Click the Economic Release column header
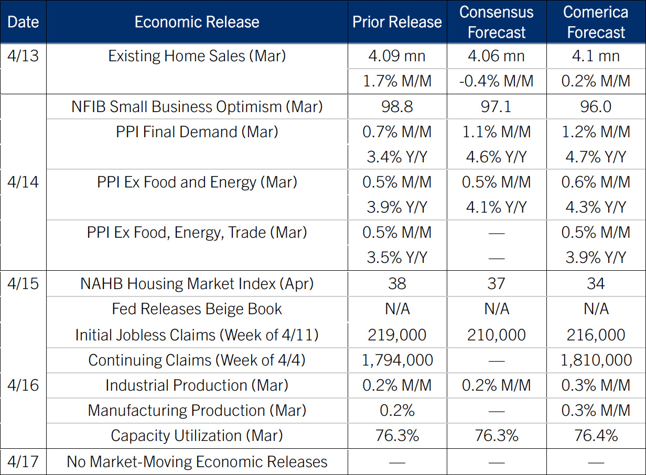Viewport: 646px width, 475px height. coord(197,22)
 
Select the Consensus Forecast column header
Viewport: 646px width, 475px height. coord(496,22)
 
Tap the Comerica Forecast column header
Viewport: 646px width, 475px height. coord(596,22)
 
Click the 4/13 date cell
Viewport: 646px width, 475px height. coord(23,56)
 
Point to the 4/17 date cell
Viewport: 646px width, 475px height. coord(23,462)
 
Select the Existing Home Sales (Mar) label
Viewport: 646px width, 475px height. coord(197,56)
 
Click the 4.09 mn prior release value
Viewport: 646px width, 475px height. coord(397,56)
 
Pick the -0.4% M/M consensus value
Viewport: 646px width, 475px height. coord(496,81)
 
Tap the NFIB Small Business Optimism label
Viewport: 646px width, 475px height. coord(197,107)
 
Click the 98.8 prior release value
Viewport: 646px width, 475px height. coord(397,107)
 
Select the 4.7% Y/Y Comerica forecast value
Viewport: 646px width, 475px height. coord(596,157)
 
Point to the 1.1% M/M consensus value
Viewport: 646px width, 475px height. coord(496,132)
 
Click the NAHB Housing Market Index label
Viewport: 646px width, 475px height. coord(197,284)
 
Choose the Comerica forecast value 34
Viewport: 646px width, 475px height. coord(596,284)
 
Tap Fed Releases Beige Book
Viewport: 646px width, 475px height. coord(197,309)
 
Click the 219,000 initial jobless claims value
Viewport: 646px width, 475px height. coord(397,335)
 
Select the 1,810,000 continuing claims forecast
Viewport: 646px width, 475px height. coord(596,360)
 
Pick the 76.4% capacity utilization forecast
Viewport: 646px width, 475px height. coord(596,436)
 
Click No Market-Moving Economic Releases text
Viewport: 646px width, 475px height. coord(197,462)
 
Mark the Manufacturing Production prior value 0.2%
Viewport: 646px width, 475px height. coord(397,411)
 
